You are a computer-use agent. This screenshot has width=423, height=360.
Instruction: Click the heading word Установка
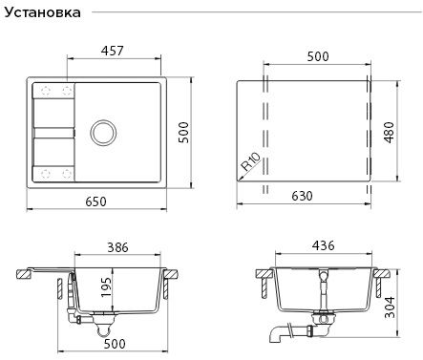[x=42, y=12]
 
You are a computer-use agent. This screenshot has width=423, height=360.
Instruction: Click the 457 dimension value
[x=112, y=51]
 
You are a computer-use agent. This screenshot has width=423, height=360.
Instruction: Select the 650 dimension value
[x=95, y=201]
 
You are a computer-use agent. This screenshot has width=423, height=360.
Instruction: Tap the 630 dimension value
[x=302, y=196]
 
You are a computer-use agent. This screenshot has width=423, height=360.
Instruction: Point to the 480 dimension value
[x=389, y=133]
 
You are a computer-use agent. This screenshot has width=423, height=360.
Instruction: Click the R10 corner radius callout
[x=251, y=161]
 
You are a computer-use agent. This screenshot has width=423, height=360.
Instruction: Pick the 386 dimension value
[x=117, y=247]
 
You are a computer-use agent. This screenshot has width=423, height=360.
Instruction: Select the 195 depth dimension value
[x=106, y=287]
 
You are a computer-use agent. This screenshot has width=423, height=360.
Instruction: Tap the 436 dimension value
[x=324, y=245]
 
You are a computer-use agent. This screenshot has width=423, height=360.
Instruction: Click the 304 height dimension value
[x=390, y=307]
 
